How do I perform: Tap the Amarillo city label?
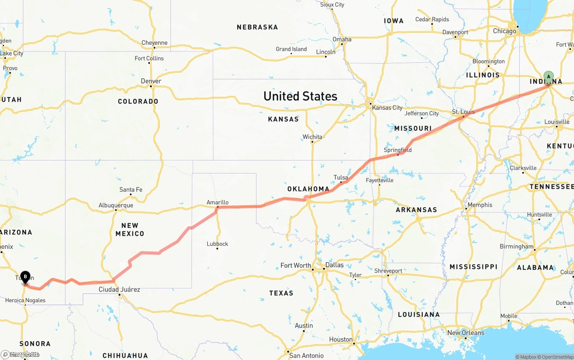[x=217, y=203]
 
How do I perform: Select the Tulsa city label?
[x=341, y=178]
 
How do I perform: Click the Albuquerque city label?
[x=116, y=205]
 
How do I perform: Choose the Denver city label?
[x=151, y=81]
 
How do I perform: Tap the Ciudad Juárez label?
[x=119, y=290]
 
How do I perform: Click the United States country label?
[x=300, y=96]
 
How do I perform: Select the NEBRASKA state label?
[x=257, y=27]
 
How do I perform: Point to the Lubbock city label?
[x=217, y=244]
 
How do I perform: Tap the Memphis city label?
[x=479, y=205]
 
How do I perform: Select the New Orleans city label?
[x=466, y=333]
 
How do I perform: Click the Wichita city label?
[x=312, y=137]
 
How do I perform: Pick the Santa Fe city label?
[x=131, y=190]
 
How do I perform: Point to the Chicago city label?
[x=504, y=31]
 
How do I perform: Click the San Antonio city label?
[x=306, y=356]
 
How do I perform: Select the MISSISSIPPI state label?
[x=473, y=267]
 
